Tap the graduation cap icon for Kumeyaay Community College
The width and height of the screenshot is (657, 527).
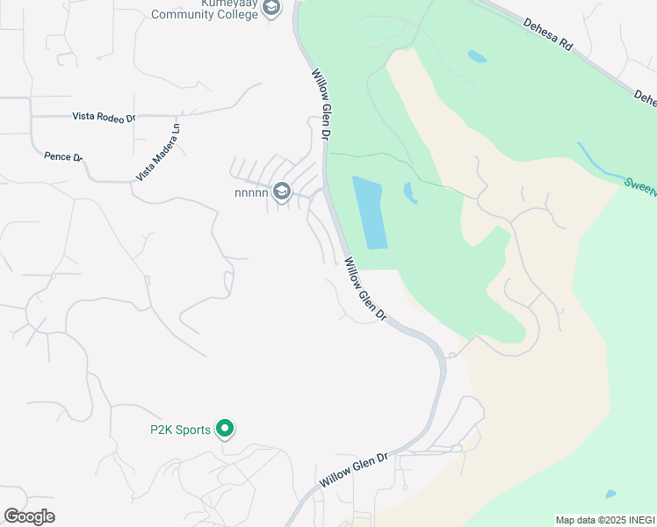272,7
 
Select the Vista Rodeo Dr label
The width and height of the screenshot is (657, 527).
103,117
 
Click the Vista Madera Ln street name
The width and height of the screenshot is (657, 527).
159,152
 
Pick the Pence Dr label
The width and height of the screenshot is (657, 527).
62,156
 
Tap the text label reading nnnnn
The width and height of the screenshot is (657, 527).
250,192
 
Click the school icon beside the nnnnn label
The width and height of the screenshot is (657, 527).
281,191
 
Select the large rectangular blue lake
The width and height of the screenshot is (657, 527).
369,212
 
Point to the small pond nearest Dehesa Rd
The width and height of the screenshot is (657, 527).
476,56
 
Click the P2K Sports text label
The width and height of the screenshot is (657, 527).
180,430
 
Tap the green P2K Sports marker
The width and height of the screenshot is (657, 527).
225,429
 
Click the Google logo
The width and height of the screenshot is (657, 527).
29,516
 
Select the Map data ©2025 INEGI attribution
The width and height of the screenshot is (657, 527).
604,520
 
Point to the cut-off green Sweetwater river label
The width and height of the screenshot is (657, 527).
639,184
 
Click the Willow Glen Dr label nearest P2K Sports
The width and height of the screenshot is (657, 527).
353,473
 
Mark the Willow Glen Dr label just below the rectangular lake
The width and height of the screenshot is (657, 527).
365,289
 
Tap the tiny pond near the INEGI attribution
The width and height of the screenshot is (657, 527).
610,495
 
